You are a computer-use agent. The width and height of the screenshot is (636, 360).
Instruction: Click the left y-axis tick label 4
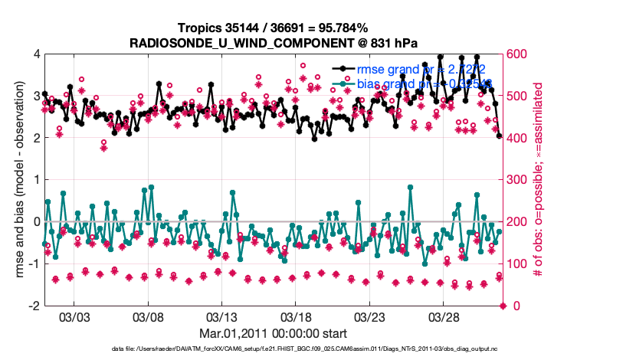click(36, 54)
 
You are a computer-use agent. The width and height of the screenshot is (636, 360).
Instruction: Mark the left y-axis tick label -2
click(34, 306)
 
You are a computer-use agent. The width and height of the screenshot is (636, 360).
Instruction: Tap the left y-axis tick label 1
click(36, 180)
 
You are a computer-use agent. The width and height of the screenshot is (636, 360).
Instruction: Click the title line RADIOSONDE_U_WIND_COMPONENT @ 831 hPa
click(274, 41)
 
